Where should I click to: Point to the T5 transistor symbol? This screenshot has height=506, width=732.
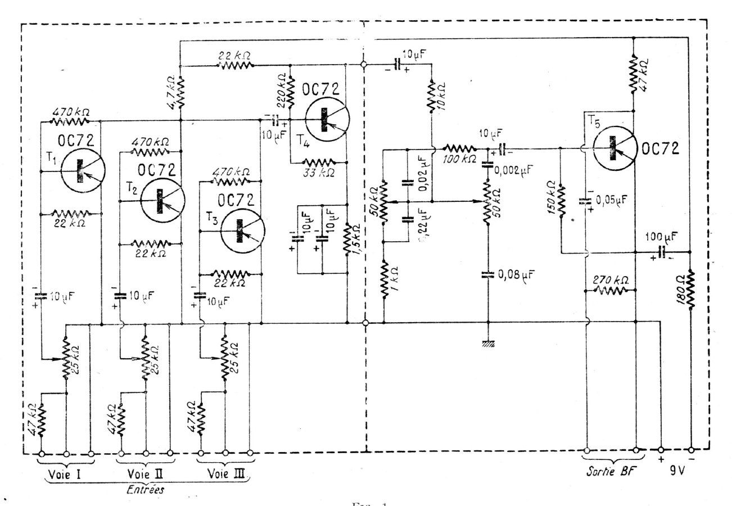[614, 150]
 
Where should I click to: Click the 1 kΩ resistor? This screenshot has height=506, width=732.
[384, 281]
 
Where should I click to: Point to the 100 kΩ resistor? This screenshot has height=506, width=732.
[460, 149]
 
